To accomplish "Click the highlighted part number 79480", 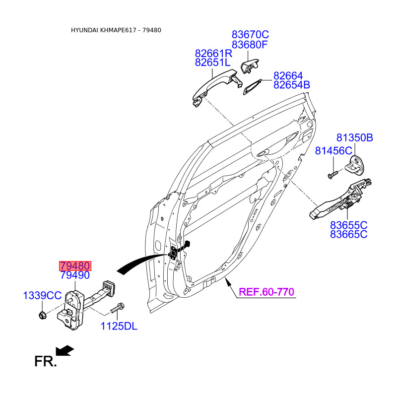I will tap(74, 266).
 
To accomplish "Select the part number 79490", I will tap(74, 275).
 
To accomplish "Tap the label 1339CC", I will tap(42, 296).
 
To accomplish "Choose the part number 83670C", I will tap(250, 35).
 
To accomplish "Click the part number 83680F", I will tap(250, 45).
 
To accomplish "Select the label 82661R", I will tap(213, 53).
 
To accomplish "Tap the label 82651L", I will tap(213, 63).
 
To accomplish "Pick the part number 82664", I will tap(288, 76).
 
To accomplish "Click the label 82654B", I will tap(291, 85).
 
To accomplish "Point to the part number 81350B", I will tap(354, 138).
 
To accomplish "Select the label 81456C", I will tap(333, 151).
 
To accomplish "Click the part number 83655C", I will tap(349, 225).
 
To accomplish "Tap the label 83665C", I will tap(349, 234).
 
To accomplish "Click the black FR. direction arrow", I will tap(65, 351).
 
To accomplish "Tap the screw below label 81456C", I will tap(332, 174).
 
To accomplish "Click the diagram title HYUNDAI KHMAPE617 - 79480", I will tap(116, 30).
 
